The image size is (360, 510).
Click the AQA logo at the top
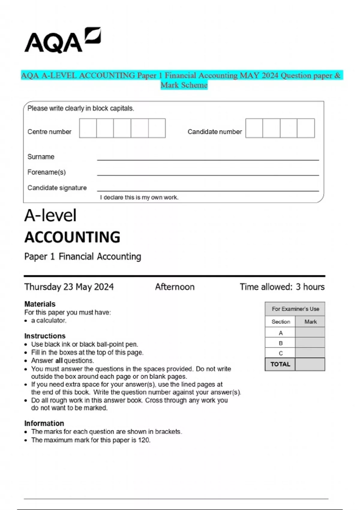[x=62, y=40]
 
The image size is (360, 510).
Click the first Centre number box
[x=88, y=128]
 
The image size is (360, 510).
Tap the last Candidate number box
[x=306, y=128]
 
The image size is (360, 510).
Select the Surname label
[x=41, y=157]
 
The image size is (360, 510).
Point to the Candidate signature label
[x=57, y=188]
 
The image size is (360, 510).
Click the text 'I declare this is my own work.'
[x=139, y=197]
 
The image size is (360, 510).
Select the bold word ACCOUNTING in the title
[x=72, y=237]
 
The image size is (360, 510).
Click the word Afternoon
[x=175, y=287]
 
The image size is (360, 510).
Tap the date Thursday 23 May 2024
[x=69, y=287]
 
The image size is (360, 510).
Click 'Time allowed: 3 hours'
[x=282, y=287]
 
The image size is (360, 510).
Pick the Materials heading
[x=40, y=304]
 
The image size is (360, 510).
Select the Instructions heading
[x=45, y=336]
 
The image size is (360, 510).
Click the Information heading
[x=44, y=423]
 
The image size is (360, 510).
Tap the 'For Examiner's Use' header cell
[x=295, y=309]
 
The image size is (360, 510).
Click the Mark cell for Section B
[x=310, y=343]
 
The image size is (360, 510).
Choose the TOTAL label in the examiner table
[x=280, y=364]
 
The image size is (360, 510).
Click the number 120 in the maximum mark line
[x=144, y=440]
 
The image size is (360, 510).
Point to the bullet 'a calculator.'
[x=49, y=320]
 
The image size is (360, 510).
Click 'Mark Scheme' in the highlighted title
[x=184, y=85]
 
